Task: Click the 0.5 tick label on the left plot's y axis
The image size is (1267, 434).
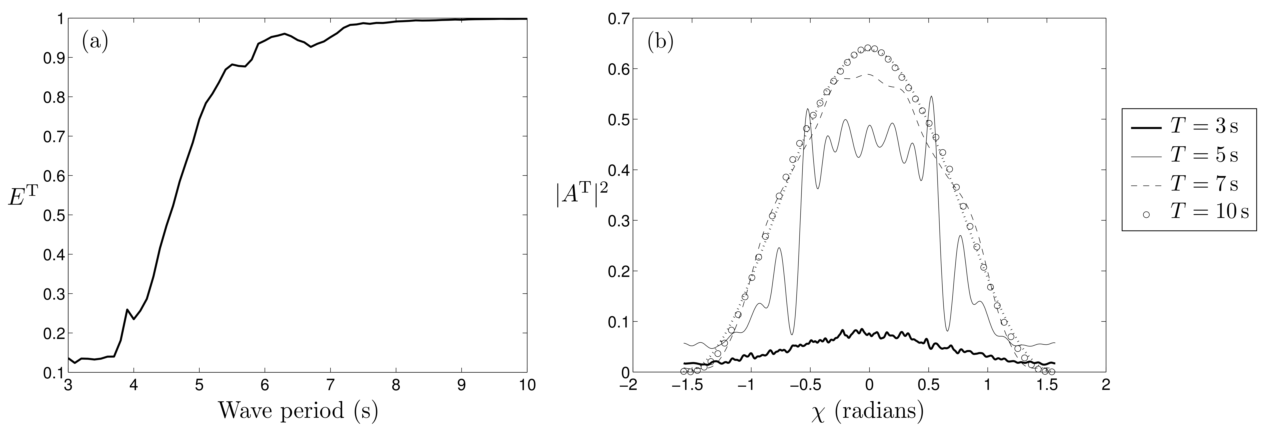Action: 53,215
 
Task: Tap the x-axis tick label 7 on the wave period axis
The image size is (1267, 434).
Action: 331,385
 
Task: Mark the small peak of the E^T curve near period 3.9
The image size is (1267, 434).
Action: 127,310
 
